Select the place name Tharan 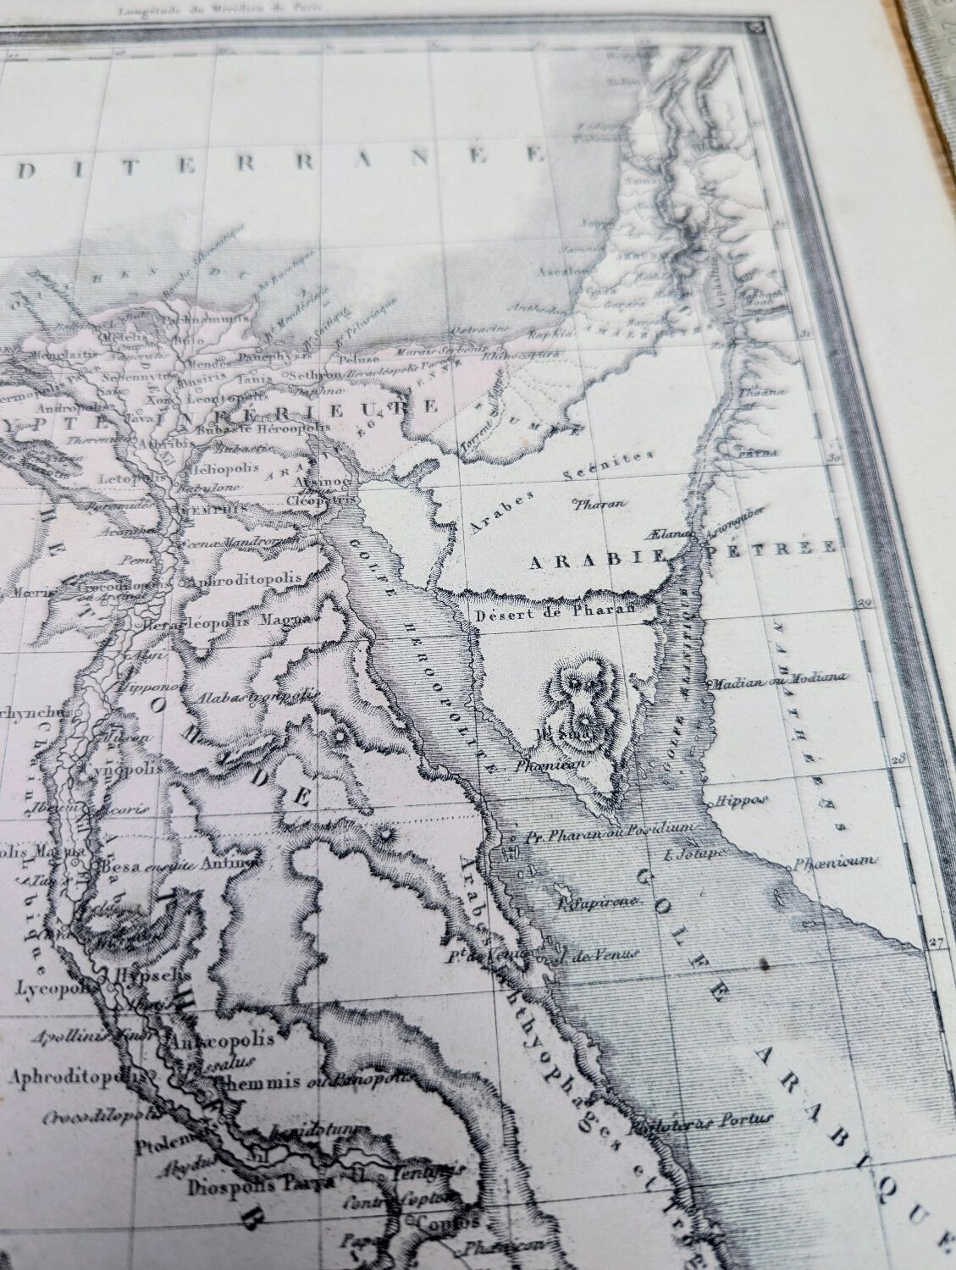[600, 505]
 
